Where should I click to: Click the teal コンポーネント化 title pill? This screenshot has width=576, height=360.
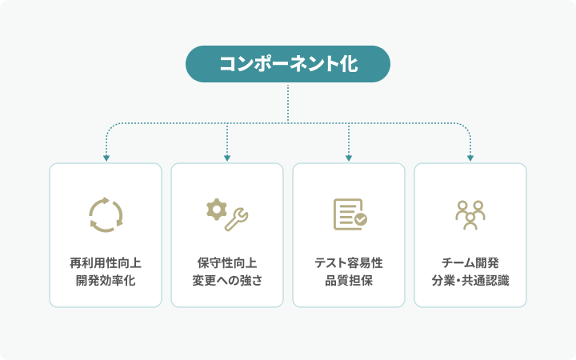(288, 64)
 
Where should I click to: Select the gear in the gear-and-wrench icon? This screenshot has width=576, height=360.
(216, 209)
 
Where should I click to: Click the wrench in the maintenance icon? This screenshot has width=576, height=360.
(237, 220)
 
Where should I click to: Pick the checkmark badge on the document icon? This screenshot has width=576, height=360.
(360, 219)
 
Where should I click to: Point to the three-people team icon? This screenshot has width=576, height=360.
(470, 215)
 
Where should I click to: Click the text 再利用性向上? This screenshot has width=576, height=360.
(106, 263)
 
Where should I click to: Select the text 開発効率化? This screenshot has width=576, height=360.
(106, 280)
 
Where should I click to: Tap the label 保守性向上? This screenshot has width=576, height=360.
(227, 263)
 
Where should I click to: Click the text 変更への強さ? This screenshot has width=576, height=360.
(227, 280)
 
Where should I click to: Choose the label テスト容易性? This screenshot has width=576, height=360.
(349, 263)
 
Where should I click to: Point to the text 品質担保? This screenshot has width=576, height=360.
(349, 280)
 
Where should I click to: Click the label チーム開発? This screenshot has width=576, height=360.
(470, 263)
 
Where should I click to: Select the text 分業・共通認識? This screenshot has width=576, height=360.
(470, 280)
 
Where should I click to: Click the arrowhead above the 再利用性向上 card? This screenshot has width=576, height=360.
(106, 158)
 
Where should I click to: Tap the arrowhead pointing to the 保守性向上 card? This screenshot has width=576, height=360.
(227, 158)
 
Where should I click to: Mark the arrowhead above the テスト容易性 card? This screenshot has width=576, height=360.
(349, 158)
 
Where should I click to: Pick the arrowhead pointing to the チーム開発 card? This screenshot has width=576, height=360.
(470, 158)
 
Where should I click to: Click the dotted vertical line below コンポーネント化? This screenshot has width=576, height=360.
(288, 103)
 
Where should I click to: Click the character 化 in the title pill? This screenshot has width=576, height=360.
(348, 64)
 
